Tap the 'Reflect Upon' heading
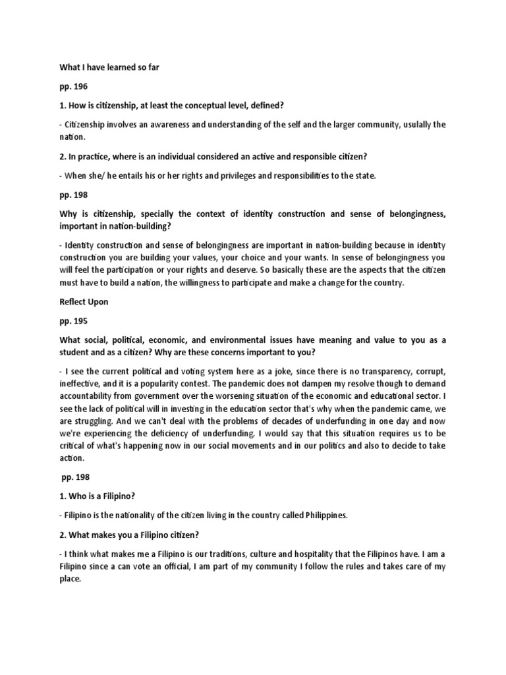84,301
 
